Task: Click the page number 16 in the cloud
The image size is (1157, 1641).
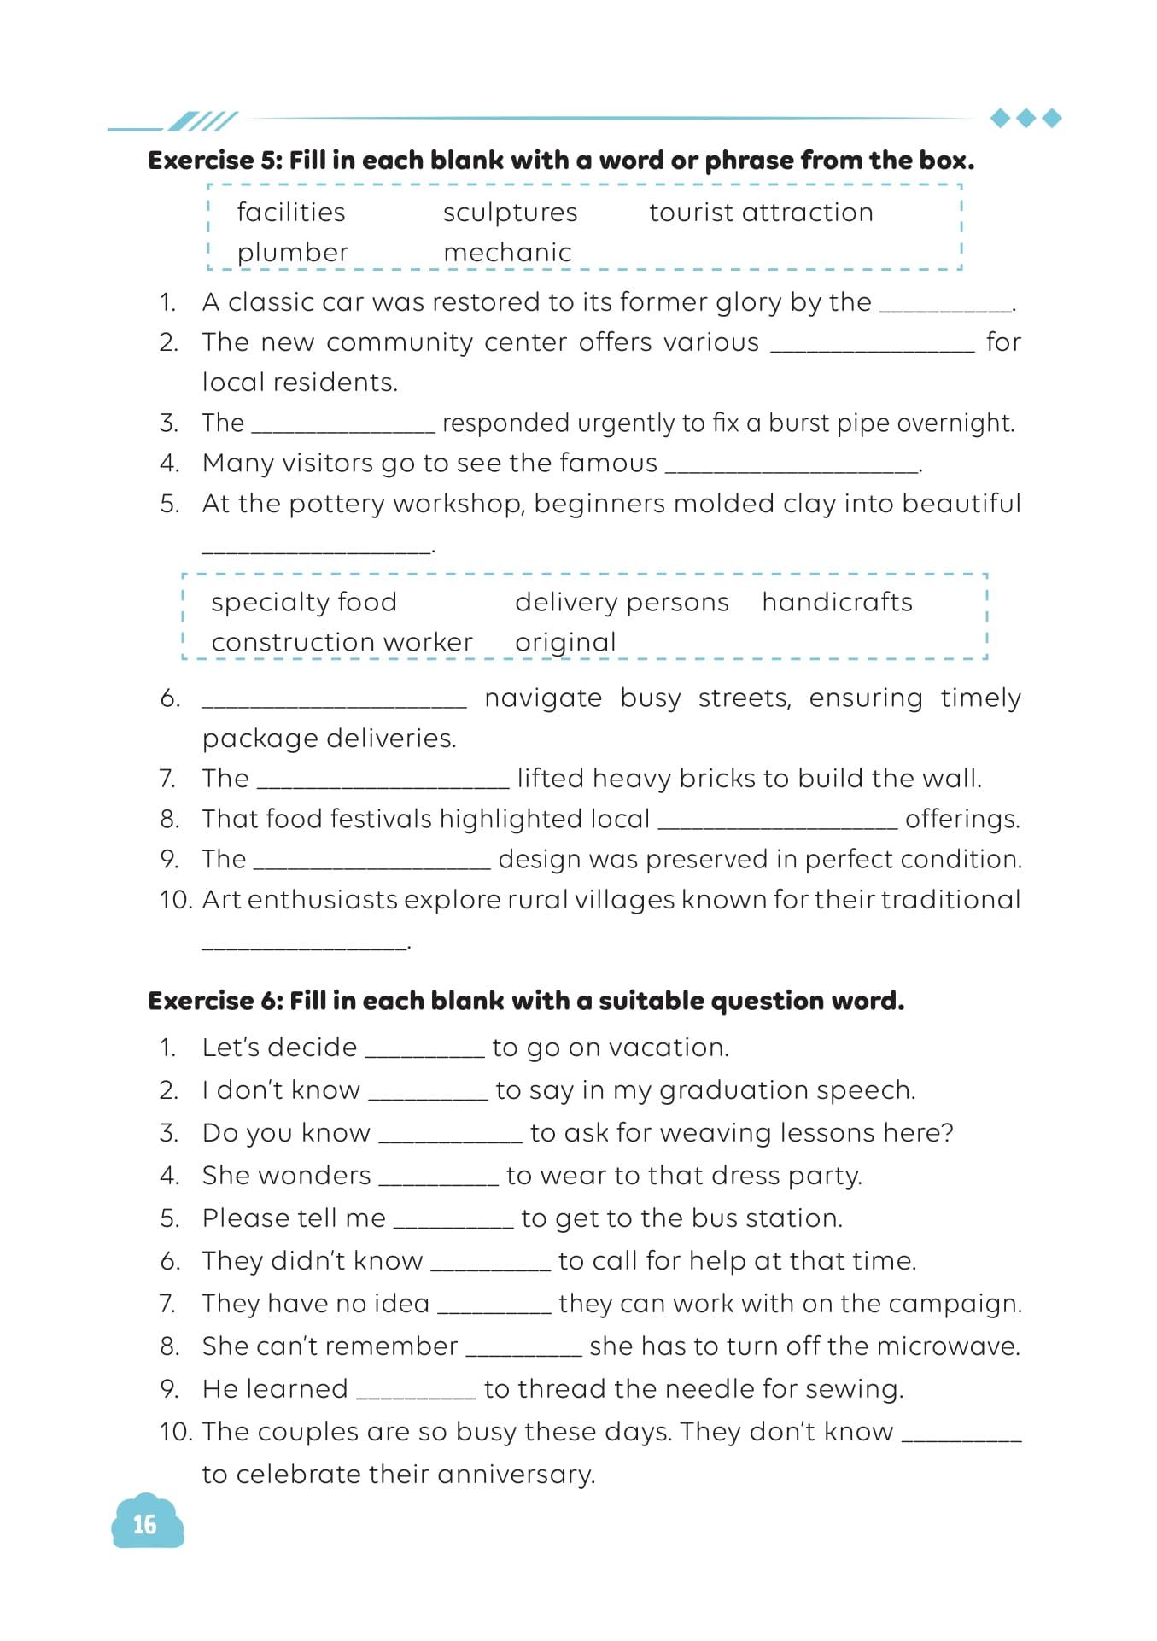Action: (145, 1524)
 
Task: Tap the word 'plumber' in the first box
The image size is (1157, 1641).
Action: (293, 253)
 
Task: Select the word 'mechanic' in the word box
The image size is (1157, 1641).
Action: (507, 253)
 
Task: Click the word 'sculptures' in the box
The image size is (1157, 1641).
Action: (510, 213)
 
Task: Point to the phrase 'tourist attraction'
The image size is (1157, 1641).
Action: (761, 213)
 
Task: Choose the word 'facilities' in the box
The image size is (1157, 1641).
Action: (291, 213)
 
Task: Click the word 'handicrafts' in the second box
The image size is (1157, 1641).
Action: (837, 602)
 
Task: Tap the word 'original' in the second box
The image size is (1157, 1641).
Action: (565, 642)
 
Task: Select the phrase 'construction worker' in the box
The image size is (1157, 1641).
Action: (342, 642)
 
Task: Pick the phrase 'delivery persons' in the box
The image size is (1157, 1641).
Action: (622, 602)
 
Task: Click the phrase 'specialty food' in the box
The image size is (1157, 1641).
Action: (304, 602)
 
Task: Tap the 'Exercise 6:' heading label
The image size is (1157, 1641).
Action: (215, 1001)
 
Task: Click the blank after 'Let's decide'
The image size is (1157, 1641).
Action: (424, 1050)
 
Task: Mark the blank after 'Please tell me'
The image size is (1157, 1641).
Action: (453, 1221)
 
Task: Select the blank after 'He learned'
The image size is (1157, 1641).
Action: (416, 1392)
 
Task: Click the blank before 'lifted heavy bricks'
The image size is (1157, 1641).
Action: (383, 782)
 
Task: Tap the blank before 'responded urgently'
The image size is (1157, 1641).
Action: (343, 426)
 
